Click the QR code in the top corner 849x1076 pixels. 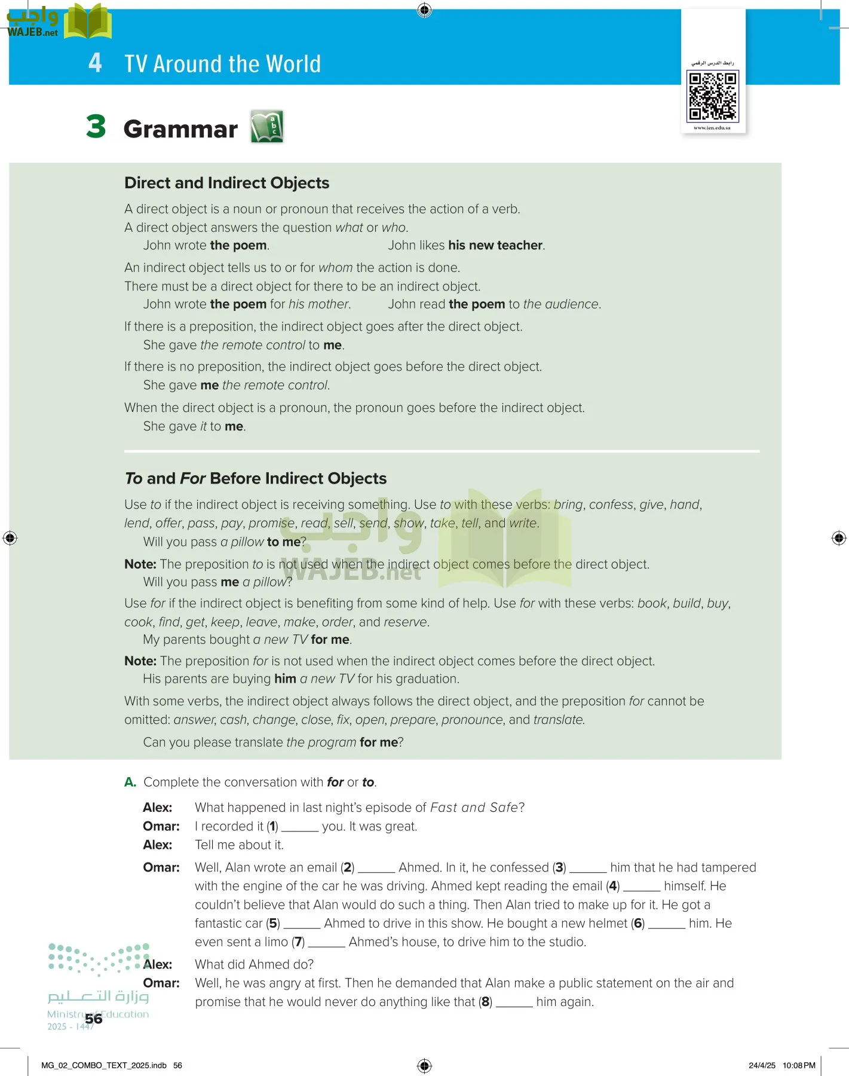(713, 96)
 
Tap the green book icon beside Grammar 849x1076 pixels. (266, 127)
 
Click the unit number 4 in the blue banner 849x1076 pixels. (95, 63)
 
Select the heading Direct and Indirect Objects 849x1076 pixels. (226, 183)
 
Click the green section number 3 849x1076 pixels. (96, 127)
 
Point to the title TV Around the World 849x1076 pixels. (222, 64)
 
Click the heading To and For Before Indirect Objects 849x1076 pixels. (255, 478)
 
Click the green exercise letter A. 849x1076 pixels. (130, 782)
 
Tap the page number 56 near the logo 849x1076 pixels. (94, 1019)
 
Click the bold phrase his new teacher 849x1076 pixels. (495, 245)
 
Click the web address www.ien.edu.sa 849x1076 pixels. (712, 128)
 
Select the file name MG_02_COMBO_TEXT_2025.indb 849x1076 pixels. (104, 1065)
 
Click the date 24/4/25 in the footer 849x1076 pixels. (762, 1065)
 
